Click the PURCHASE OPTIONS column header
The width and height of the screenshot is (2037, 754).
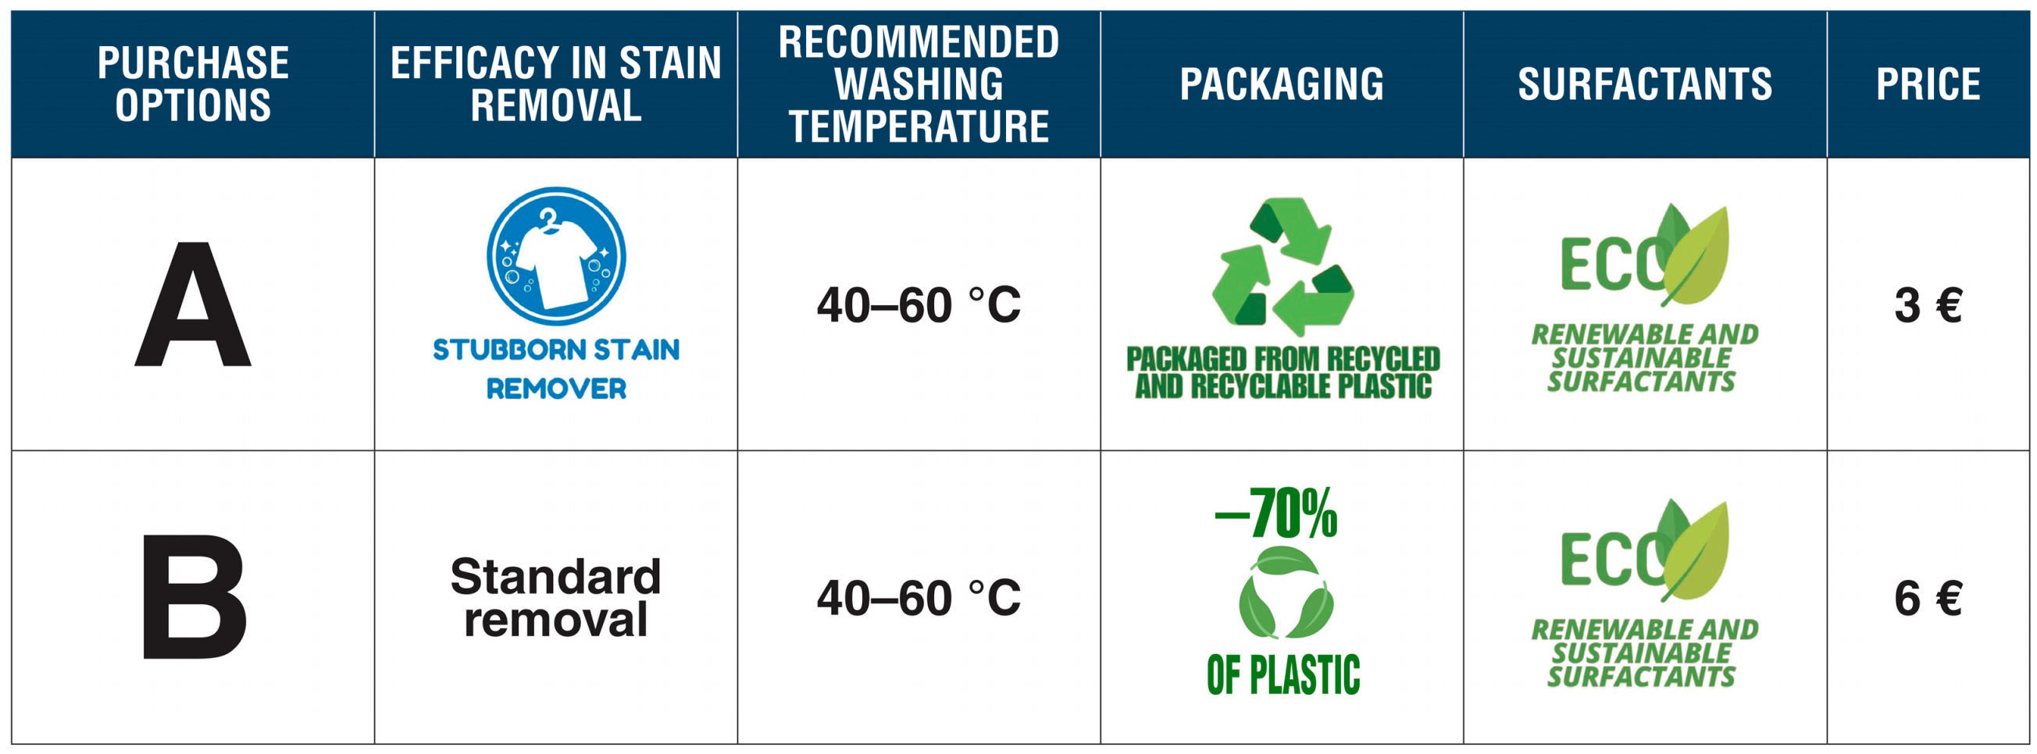pos(193,84)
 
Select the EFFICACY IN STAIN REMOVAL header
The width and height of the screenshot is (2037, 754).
pos(556,84)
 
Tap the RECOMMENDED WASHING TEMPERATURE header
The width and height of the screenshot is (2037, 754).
pos(919,84)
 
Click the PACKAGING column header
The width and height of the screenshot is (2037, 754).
pos(1282,84)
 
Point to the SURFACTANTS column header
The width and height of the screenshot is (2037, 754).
pos(1645,84)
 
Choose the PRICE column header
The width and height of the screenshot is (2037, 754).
pos(1928,84)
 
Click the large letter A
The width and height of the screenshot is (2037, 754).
pos(193,306)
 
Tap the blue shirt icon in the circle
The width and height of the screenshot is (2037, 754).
pos(556,256)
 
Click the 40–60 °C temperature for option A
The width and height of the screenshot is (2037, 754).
pos(919,306)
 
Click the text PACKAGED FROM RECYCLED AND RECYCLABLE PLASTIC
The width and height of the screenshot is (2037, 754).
pos(1282,372)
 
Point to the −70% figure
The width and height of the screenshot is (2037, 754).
pos(1276,514)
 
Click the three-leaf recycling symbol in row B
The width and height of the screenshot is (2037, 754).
pos(1286,592)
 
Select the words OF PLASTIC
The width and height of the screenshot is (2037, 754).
pos(1282,675)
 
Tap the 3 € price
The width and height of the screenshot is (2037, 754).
pos(1928,306)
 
